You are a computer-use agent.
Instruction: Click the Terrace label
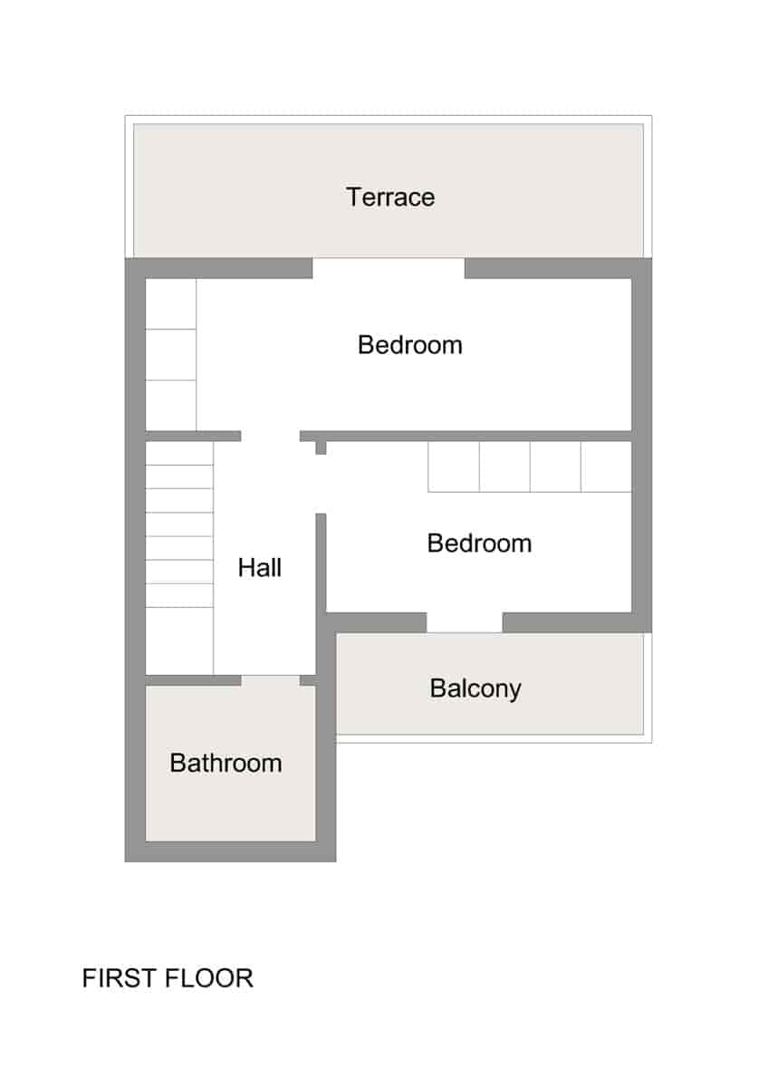click(390, 197)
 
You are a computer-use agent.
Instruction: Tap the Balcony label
click(475, 689)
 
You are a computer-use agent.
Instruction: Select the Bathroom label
click(226, 763)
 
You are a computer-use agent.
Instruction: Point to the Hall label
click(260, 567)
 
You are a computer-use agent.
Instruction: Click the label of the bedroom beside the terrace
click(410, 345)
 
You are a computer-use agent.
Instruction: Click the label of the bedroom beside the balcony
click(479, 543)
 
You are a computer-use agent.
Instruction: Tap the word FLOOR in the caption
click(209, 978)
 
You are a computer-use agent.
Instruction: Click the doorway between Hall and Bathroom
click(270, 680)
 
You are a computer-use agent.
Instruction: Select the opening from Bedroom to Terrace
click(389, 268)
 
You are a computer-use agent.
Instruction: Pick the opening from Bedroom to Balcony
click(465, 622)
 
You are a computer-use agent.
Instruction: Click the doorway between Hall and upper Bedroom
click(270, 436)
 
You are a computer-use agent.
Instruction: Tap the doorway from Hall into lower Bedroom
click(321, 484)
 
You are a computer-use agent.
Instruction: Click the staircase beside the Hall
click(179, 558)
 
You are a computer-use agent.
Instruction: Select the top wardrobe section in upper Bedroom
click(171, 303)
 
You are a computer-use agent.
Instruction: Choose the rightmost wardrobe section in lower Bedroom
click(606, 467)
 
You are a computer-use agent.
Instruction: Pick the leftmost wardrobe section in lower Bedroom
click(454, 467)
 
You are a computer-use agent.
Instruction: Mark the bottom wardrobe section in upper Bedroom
click(171, 405)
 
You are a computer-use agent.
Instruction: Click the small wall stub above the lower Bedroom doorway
click(321, 447)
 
